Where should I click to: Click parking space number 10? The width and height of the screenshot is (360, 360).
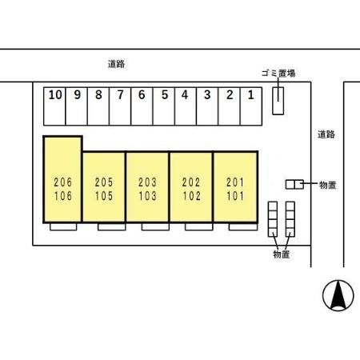pyautogui.click(x=54, y=106)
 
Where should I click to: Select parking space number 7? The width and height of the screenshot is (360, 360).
pyautogui.click(x=120, y=106)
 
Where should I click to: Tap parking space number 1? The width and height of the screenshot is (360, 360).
pyautogui.click(x=251, y=106)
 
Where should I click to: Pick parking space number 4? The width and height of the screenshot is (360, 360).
pyautogui.click(x=186, y=106)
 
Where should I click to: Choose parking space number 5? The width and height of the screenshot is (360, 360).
pyautogui.click(x=164, y=106)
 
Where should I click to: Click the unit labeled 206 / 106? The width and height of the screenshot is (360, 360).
pyautogui.click(x=62, y=179)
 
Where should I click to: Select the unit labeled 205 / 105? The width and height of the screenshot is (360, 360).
pyautogui.click(x=104, y=186)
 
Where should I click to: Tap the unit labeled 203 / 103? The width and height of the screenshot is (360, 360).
pyautogui.click(x=147, y=186)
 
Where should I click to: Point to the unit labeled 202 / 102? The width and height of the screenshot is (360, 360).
pyautogui.click(x=191, y=186)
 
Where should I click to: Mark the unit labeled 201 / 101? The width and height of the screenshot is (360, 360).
pyautogui.click(x=235, y=186)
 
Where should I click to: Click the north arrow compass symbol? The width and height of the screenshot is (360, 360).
pyautogui.click(x=338, y=295)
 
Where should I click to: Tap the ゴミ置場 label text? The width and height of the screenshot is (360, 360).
pyautogui.click(x=278, y=73)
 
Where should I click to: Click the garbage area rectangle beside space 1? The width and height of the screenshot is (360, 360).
pyautogui.click(x=278, y=101)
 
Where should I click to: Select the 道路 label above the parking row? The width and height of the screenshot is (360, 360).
pyautogui.click(x=116, y=64)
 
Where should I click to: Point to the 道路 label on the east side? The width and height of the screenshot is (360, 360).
pyautogui.click(x=326, y=134)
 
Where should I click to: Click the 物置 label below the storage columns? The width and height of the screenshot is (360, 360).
pyautogui.click(x=282, y=254)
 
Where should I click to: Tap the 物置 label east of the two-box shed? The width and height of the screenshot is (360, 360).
pyautogui.click(x=328, y=185)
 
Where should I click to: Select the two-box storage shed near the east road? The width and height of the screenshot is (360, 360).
pyautogui.click(x=294, y=185)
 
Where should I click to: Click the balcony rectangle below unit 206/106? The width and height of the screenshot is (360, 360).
pyautogui.click(x=63, y=227)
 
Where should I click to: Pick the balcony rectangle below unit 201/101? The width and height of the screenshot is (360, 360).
pyautogui.click(x=243, y=227)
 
